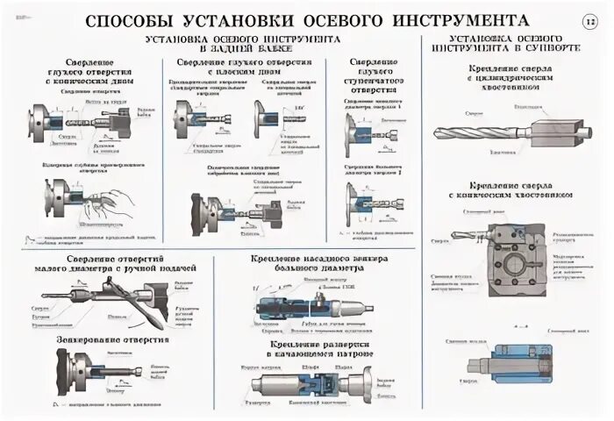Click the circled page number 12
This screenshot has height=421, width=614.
point(588,19)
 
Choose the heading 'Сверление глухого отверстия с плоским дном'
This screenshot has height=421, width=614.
point(244,69)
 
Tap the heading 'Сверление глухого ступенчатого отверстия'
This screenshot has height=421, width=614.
point(374,75)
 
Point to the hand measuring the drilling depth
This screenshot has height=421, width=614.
point(118,202)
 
